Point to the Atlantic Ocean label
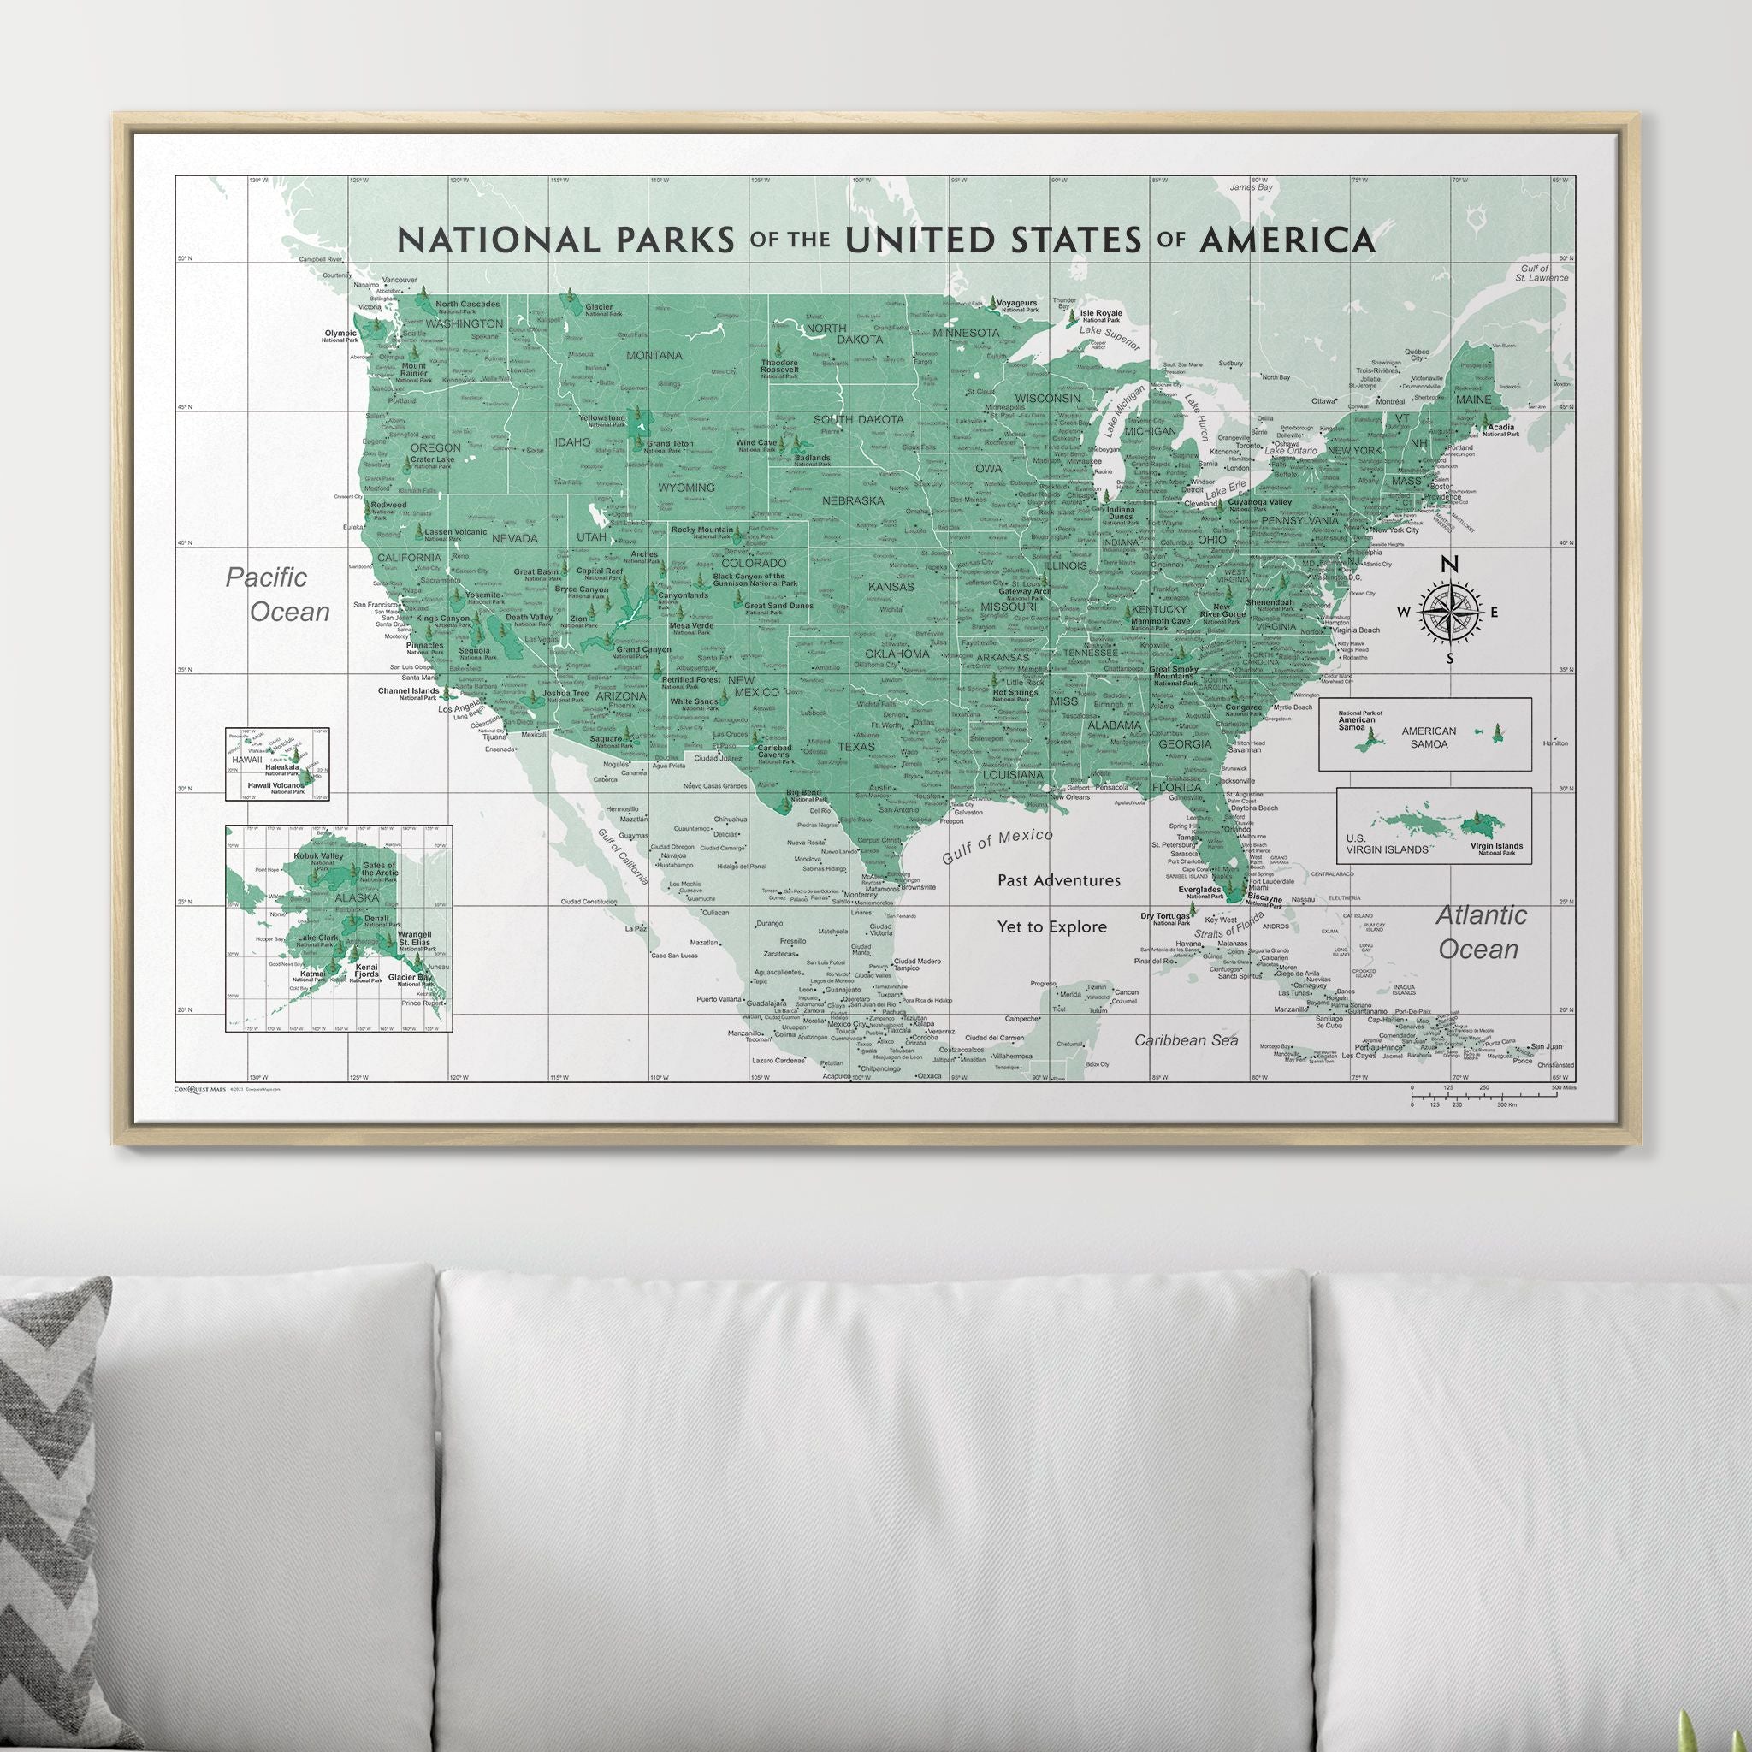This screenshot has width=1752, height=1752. (1480, 932)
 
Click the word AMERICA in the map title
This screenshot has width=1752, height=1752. (1287, 240)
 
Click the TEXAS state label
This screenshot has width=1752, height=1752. (857, 747)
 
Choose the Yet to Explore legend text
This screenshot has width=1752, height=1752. (1052, 926)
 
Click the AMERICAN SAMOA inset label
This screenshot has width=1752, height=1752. (1429, 737)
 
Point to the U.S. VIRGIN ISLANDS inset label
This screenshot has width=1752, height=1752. (1387, 843)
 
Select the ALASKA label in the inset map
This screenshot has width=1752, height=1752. (357, 897)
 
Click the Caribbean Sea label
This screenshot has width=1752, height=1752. (1187, 1040)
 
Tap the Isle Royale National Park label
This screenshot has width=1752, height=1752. (1100, 316)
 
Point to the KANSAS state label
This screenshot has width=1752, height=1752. (891, 587)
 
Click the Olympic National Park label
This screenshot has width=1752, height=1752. (341, 335)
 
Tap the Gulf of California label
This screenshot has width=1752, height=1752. (623, 855)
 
